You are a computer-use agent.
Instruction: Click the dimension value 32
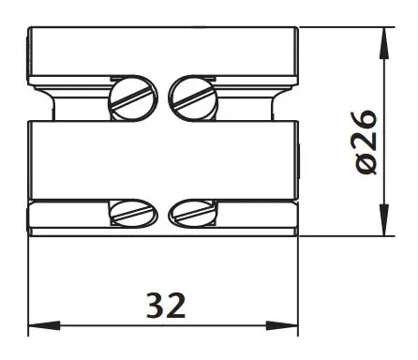point(166,306)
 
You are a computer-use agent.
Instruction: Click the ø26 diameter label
point(366,142)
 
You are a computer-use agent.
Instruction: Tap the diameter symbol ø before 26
point(366,164)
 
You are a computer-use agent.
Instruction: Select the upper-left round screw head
point(133,98)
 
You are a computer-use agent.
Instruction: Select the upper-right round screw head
point(193,98)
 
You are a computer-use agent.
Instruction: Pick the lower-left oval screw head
point(133,213)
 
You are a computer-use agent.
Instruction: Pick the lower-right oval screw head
point(193,213)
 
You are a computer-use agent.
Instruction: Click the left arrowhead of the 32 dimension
point(44,325)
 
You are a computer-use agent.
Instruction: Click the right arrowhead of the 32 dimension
point(282,325)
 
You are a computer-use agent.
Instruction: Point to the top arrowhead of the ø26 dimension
point(384,43)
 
